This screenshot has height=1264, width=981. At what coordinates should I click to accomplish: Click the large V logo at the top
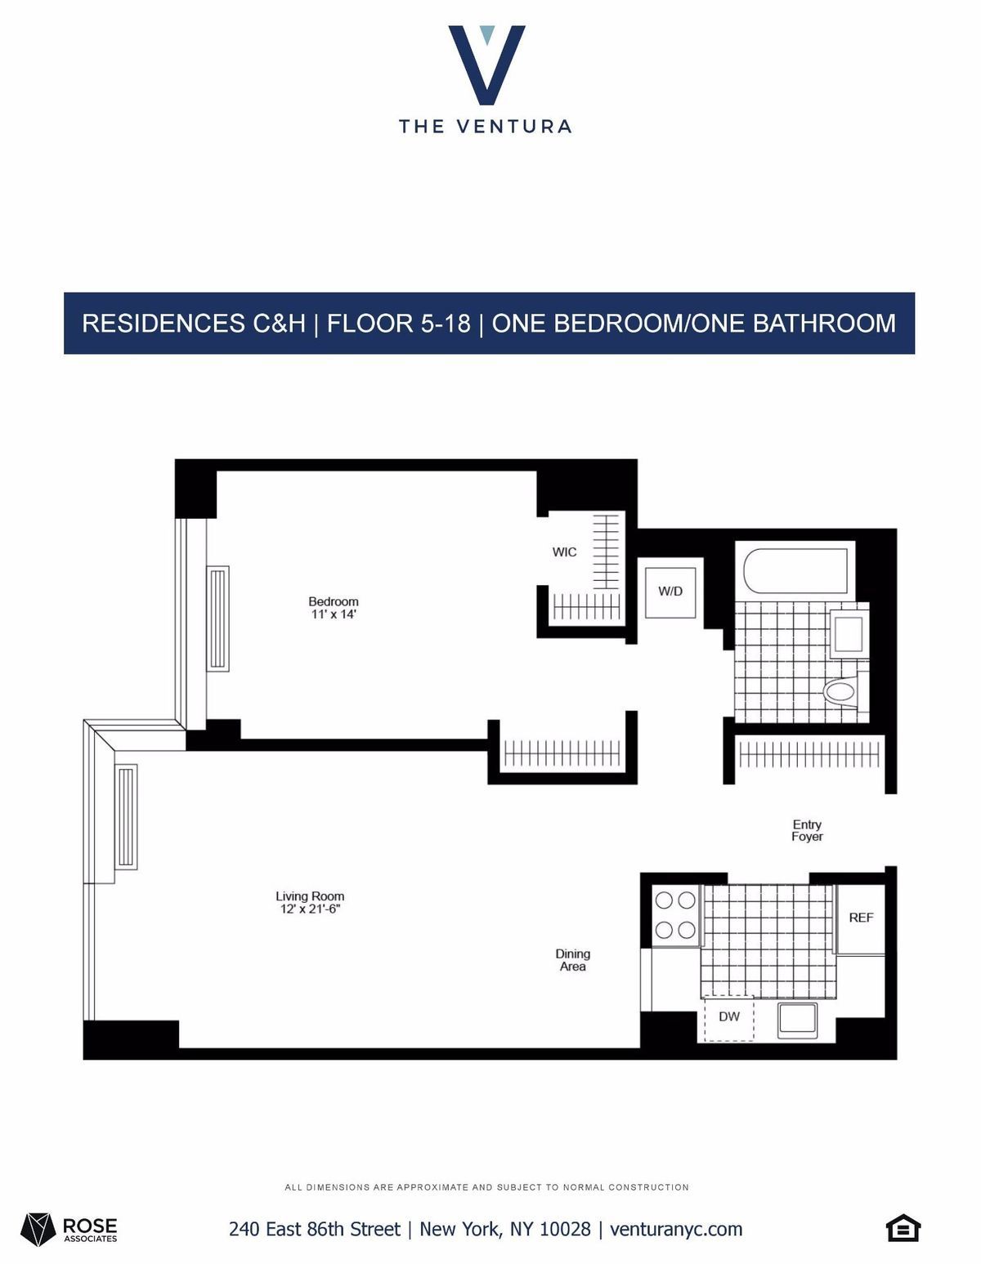coord(486,65)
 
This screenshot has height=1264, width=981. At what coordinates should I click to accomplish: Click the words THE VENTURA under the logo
coord(486,127)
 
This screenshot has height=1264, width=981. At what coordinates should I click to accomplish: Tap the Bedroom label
coord(334,601)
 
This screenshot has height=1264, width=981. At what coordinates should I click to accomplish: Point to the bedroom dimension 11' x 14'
coord(334,614)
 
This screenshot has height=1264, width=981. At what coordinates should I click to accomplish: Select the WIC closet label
coord(564,552)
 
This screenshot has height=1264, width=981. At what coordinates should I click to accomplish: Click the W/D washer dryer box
coord(670,590)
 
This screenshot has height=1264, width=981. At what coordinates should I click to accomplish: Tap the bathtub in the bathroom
coord(795,570)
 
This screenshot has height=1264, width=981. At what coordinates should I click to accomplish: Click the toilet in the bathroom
coord(840,692)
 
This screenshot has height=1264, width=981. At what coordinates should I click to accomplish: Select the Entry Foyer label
coord(807,830)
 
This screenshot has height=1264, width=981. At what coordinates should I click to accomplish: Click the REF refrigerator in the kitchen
coord(861,918)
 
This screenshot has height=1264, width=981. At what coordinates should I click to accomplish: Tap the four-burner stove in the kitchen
coord(675,915)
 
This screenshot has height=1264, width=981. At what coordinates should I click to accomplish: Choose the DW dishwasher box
coord(729,1017)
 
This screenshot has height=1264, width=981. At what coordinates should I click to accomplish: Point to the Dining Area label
coord(572,960)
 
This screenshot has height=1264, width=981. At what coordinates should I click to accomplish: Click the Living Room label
coord(310,896)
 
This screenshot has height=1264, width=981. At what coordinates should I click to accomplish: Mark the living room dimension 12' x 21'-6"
coord(310,909)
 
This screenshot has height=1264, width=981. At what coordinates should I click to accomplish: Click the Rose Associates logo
coord(70,1228)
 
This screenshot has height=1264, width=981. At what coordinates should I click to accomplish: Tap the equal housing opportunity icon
coord(903,1228)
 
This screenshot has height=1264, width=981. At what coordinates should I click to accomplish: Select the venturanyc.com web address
coord(676,1229)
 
